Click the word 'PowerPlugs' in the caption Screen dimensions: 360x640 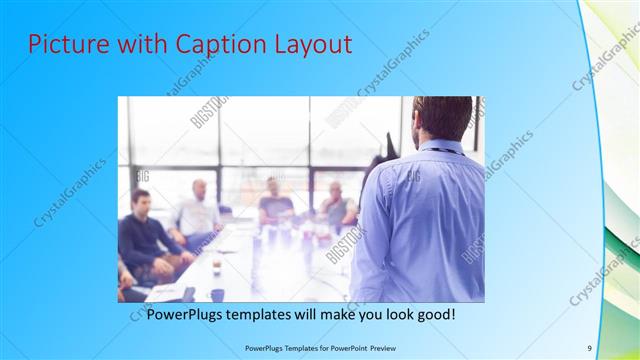pos(181,314)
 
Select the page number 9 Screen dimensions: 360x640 pos(589,347)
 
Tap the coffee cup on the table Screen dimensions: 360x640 pos(216,266)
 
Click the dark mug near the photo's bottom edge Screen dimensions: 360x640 pos(217,295)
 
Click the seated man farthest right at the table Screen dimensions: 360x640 pos(338,205)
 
